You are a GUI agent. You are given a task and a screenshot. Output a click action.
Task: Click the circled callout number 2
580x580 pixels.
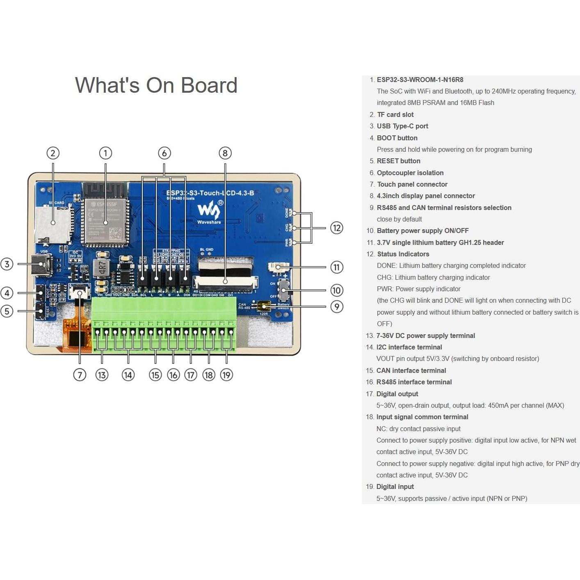53,153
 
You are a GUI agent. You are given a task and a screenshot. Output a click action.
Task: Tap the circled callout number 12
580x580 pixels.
337,228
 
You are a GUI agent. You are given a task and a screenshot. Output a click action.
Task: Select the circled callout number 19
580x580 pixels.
226,374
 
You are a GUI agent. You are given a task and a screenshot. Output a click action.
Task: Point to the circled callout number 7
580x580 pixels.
80,374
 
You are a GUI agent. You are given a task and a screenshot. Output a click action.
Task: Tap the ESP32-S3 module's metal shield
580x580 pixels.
105,221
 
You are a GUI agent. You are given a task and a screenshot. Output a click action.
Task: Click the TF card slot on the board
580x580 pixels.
52,224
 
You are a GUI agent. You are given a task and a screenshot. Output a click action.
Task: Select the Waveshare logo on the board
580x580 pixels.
209,211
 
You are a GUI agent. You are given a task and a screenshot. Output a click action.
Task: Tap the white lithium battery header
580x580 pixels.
279,267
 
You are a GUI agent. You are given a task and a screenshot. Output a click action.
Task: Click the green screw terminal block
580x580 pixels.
164,324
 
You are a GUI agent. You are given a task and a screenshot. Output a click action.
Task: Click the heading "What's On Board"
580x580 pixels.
156,85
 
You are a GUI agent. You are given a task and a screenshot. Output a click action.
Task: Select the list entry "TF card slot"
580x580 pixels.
395,114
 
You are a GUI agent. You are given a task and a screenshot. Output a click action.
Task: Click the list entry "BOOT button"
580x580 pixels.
397,138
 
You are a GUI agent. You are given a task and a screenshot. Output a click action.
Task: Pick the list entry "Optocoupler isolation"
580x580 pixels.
410,173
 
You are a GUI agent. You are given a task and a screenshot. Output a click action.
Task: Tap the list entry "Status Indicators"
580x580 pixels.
403,254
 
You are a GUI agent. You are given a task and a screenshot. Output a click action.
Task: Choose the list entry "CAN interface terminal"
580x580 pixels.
411,370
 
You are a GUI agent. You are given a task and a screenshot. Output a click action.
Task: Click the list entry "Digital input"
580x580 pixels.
395,486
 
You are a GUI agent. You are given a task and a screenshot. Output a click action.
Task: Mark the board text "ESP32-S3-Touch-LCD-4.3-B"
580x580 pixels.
210,193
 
